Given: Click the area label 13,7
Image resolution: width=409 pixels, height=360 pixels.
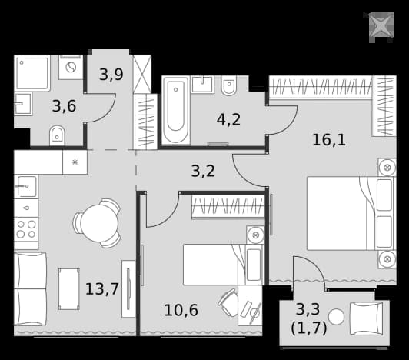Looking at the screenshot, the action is tap(102, 289).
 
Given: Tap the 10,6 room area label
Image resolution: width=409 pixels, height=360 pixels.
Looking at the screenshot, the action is tap(181, 311).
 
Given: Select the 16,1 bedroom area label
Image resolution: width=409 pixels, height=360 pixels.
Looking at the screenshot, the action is tap(329, 140).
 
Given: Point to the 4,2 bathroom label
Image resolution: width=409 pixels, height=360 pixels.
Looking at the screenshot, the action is tap(228, 119).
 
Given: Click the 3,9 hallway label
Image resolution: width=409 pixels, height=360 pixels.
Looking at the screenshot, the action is tap(111, 75).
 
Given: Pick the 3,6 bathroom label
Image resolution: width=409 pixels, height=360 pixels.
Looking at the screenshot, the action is tap(64, 106).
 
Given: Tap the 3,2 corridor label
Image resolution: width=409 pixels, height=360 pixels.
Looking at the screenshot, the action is tap(203, 172).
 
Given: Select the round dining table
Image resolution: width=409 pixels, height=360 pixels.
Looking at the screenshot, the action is tap(99, 224).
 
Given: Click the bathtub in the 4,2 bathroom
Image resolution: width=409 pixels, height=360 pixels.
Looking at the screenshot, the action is tap(175, 111).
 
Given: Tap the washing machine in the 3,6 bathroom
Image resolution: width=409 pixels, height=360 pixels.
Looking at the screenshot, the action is tap(71, 68).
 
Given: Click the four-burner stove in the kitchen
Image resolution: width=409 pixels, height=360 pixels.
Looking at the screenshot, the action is tap(26, 229).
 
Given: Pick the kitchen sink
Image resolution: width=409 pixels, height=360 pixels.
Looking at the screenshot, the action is tap(26, 186).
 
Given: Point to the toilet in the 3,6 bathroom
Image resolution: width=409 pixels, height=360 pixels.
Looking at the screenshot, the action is tap(57, 135).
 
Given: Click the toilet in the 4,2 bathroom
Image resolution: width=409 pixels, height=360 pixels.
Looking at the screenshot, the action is tap(229, 85).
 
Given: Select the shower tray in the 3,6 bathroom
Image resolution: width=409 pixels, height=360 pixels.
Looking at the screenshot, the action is tap(32, 73).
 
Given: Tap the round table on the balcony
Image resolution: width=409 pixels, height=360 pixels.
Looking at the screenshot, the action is tap(336, 317).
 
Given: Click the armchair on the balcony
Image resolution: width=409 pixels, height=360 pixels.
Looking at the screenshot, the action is tap(367, 318).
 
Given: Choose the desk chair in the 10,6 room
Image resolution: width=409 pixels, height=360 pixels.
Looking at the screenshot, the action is tap(228, 302).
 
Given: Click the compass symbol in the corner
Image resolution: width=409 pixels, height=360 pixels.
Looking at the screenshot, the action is tap(381, 26).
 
